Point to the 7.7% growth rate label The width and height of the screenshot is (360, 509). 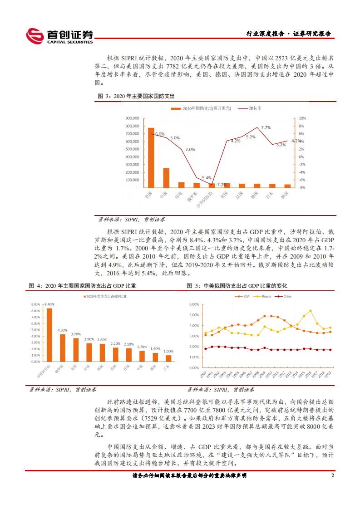266,128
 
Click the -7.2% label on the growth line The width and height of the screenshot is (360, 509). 221,185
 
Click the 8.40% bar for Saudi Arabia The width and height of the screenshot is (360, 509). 49,335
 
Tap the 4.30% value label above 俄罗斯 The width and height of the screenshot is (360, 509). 63,330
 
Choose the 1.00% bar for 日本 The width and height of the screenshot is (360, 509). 168,358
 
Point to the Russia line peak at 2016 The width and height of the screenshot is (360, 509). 310,311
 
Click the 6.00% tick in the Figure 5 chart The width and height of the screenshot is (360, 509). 193,304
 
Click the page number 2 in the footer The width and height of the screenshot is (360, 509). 332,475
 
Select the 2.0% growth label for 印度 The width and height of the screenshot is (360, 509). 190,149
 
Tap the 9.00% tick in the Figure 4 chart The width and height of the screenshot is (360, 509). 35,304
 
